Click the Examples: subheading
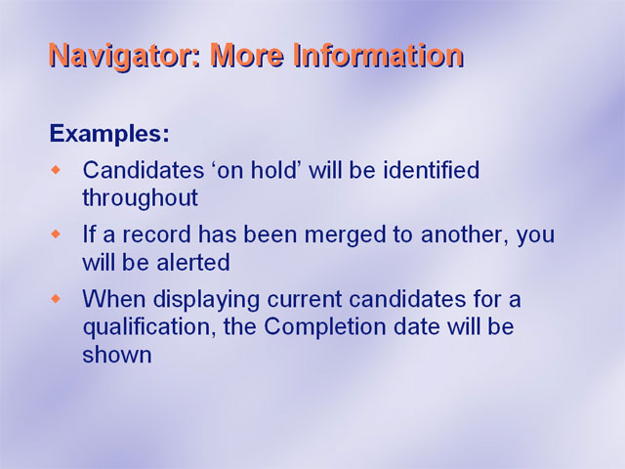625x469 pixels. coord(109,134)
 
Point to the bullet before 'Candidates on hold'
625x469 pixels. coord(57,170)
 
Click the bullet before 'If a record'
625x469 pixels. coord(57,234)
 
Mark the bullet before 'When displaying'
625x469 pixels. coord(57,299)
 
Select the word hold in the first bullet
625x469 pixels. coord(272,169)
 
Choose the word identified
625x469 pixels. coord(432,169)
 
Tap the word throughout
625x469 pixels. coord(140,198)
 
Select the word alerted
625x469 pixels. coord(193,263)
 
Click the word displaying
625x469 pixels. coord(206,300)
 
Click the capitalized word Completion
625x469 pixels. coord(325,328)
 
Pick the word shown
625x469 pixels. coord(117,355)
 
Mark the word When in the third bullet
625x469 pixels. coord(114,299)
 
